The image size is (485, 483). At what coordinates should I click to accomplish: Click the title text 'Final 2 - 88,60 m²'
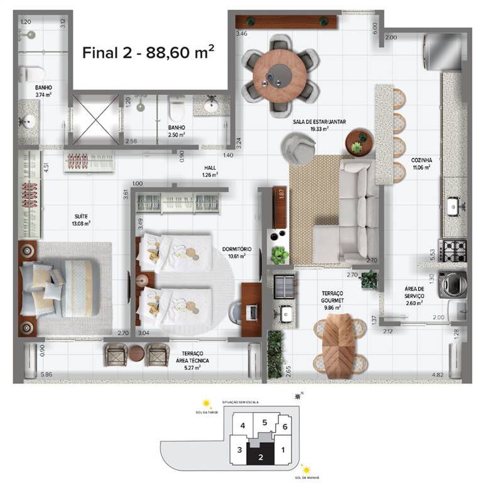click(148, 52)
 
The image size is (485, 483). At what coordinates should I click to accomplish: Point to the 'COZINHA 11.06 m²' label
click(422, 164)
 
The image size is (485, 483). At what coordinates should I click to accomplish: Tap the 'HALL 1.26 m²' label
click(210, 172)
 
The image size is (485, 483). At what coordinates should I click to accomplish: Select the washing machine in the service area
click(451, 285)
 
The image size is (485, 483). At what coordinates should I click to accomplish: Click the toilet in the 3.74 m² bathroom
click(28, 74)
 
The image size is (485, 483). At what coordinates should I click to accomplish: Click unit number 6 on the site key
click(285, 427)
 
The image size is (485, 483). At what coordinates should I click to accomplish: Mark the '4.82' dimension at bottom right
click(437, 375)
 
